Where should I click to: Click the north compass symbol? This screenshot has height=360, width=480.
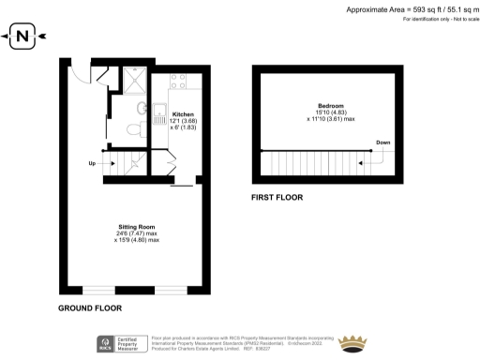[x=24, y=37]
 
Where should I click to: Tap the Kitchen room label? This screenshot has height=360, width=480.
[x=183, y=114]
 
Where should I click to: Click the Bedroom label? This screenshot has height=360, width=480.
[x=329, y=105]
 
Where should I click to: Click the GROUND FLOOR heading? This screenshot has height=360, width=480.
[x=90, y=307]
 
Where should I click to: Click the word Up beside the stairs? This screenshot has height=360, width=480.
[x=92, y=164]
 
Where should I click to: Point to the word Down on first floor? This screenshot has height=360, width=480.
[x=382, y=142]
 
